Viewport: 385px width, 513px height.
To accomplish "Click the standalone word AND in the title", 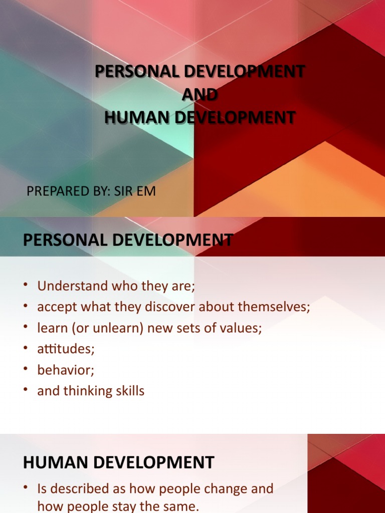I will point(200,94).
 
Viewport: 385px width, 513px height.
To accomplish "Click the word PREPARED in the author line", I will point(55,192).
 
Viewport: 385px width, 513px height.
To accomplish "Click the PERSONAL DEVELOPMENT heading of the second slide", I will point(128,240).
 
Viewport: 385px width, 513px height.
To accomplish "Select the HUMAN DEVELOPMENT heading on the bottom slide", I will point(118,462).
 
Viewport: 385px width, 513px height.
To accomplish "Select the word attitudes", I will point(66,349).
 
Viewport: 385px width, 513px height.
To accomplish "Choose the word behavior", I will point(66,370).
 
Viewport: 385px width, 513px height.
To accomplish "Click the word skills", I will point(131,391).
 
